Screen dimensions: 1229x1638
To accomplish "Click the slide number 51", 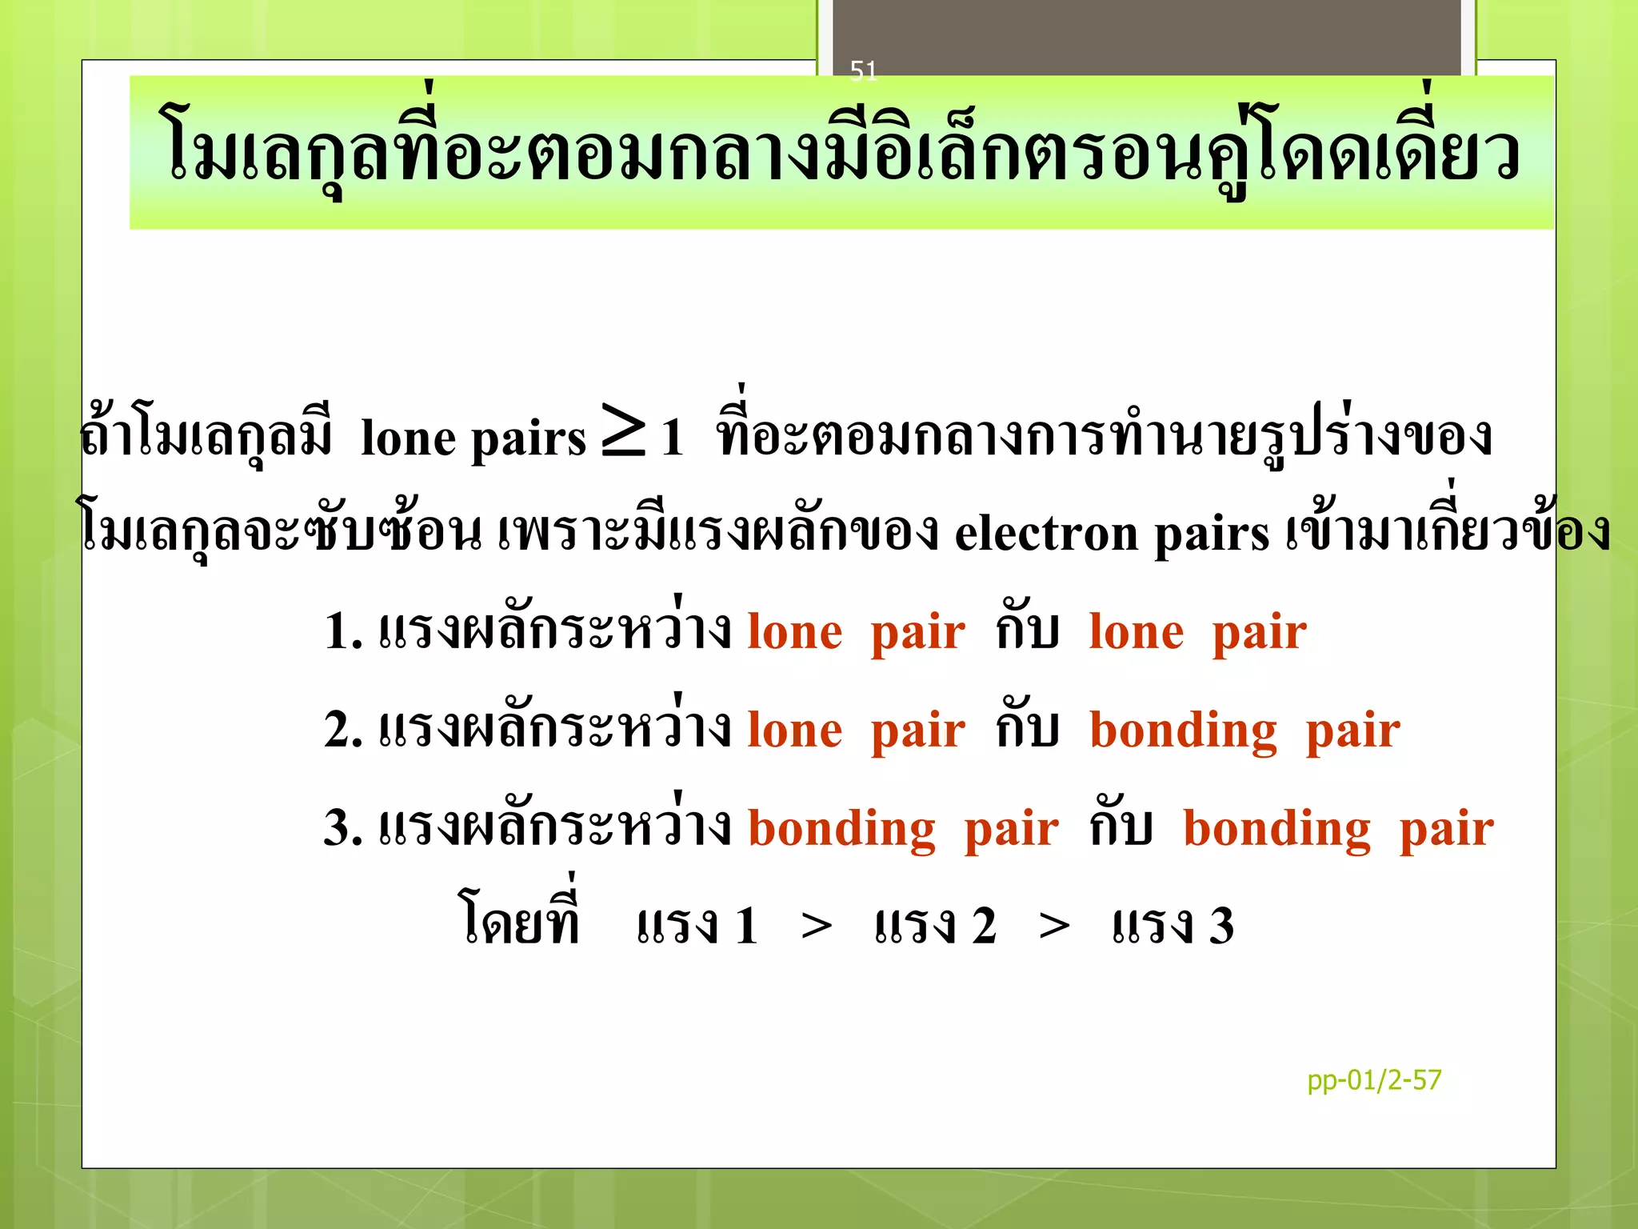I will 863,71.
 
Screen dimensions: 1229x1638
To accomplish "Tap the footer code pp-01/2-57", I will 1373,1080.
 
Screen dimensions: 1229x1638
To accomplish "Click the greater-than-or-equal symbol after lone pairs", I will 624,432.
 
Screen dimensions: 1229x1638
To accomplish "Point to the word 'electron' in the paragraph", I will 1046,533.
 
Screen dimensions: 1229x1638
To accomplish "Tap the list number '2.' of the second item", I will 343,729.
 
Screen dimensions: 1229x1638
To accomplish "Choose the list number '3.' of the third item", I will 343,827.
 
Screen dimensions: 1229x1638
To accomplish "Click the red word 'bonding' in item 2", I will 1183,731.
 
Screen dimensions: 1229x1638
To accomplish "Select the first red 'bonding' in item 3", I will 841,828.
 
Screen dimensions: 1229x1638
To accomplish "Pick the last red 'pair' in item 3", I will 1446,830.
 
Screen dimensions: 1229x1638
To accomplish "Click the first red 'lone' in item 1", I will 795,631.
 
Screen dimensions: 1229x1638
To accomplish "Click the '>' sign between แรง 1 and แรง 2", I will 816,927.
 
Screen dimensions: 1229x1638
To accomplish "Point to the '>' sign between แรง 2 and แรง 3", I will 1054,927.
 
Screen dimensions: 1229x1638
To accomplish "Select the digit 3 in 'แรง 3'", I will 1221,927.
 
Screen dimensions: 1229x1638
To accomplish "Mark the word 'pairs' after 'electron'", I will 1211,534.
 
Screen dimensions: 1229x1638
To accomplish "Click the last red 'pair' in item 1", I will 1259,633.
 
